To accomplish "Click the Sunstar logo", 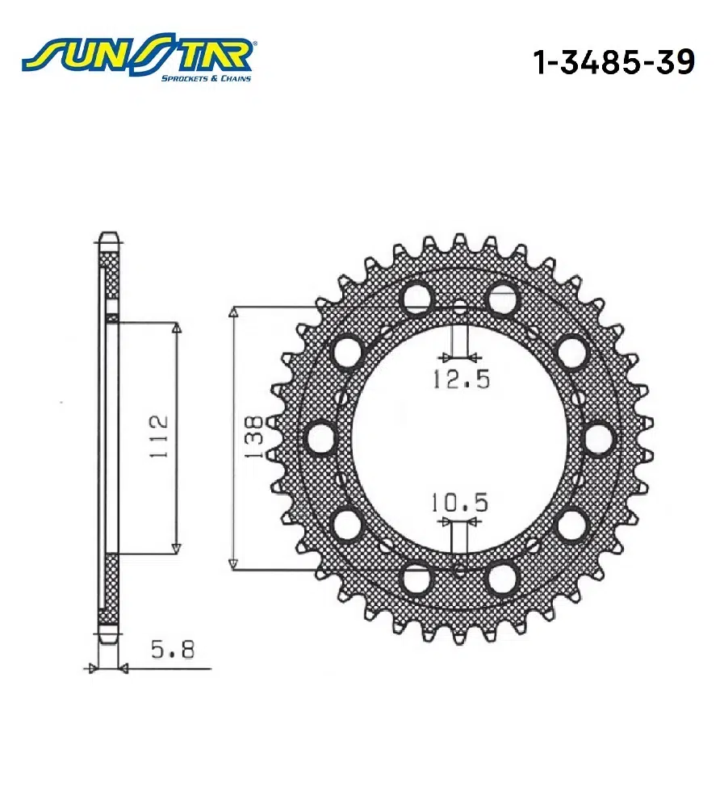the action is tap(137, 58).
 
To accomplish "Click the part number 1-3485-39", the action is tap(613, 62).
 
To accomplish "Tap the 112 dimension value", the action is tap(158, 437).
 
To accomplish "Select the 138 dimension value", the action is tap(254, 437).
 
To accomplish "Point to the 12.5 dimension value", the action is tap(461, 379).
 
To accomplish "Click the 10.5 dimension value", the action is tap(459, 502).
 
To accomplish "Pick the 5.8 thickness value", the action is tap(173, 650).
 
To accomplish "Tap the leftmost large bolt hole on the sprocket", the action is tap(321, 438).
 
